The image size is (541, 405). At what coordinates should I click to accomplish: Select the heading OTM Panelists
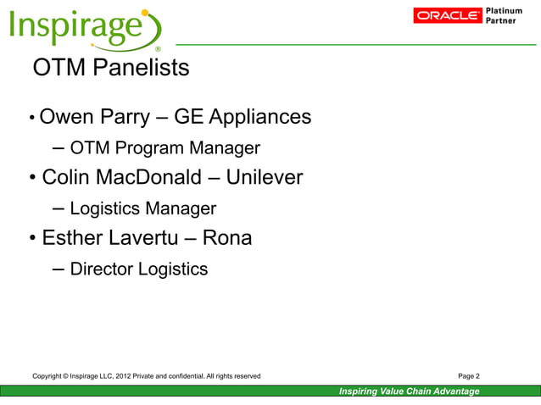click(110, 68)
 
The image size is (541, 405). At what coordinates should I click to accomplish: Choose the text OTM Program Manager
click(165, 149)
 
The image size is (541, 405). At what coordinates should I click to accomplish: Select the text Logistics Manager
click(142, 208)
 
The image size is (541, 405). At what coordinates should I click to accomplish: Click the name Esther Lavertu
click(107, 238)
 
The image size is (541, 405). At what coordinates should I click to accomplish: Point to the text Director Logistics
click(138, 269)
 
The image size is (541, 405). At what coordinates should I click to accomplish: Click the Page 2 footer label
click(468, 375)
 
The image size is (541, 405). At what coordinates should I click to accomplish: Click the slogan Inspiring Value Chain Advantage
click(409, 391)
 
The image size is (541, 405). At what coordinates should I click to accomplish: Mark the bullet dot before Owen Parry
click(31, 118)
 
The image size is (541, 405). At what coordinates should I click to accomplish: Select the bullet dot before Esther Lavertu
click(31, 239)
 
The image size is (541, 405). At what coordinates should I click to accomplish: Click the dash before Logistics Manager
click(59, 208)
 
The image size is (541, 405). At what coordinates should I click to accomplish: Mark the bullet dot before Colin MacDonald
click(31, 179)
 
